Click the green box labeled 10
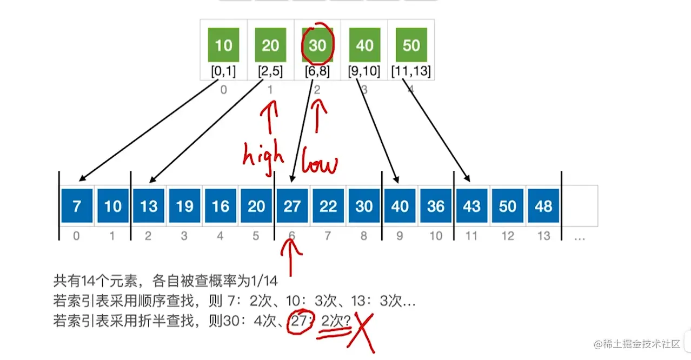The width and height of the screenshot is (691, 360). (223, 45)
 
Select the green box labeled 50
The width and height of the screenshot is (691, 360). (411, 45)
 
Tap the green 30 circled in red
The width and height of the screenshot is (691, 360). (317, 44)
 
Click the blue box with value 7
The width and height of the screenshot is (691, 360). (77, 206)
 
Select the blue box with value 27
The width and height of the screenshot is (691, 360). (292, 206)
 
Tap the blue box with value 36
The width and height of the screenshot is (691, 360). (435, 206)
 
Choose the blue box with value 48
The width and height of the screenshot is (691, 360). (543, 206)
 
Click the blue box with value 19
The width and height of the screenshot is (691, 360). (184, 206)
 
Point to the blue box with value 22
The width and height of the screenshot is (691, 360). (328, 206)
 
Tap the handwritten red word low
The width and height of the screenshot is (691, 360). (319, 164)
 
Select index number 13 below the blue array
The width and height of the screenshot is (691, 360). (543, 236)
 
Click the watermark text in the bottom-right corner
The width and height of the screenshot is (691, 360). (638, 344)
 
